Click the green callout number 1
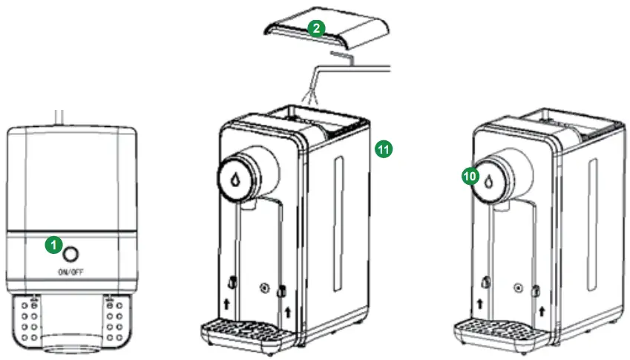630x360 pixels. [53, 243]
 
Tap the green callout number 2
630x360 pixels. [316, 29]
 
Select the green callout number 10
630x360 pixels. [468, 175]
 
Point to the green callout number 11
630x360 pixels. [383, 148]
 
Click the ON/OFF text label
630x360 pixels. [70, 272]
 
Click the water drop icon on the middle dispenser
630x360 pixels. [235, 178]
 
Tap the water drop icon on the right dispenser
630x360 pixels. [489, 180]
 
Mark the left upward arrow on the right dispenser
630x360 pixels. [482, 304]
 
